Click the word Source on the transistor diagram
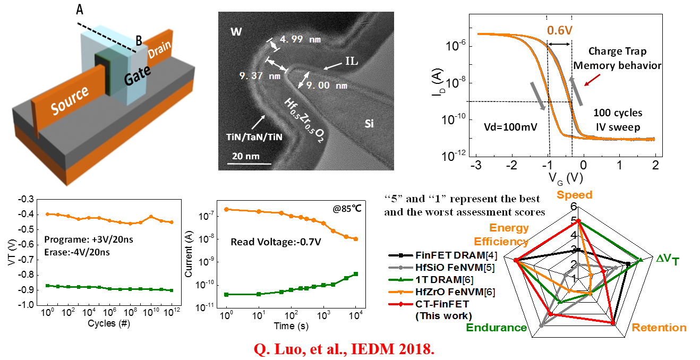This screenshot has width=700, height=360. pyautogui.click(x=71, y=101)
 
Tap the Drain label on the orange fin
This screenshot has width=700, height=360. pyautogui.click(x=159, y=50)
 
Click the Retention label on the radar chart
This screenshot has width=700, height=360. pyautogui.click(x=659, y=328)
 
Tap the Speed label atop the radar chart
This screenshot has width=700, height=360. pyautogui.click(x=574, y=195)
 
